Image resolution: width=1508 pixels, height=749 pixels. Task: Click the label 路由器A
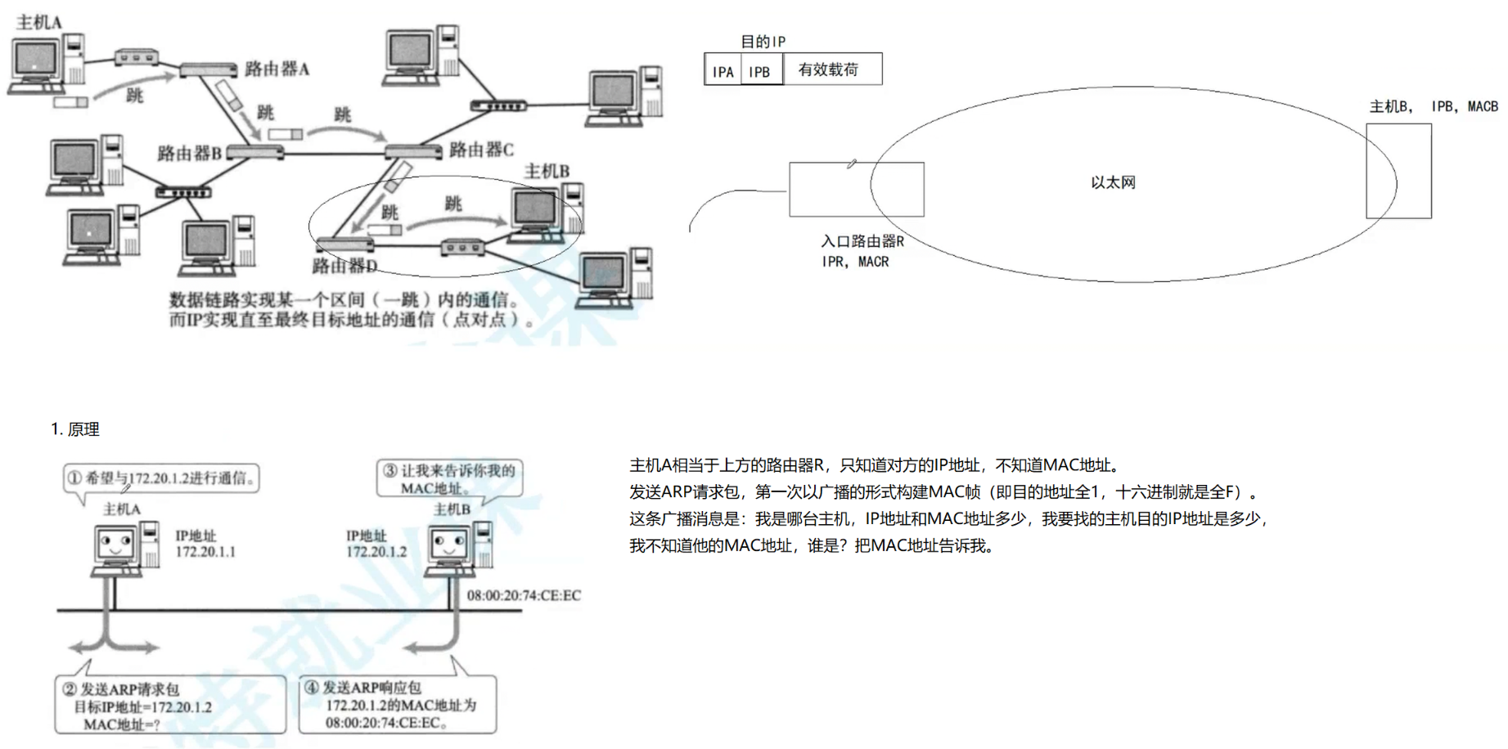(277, 70)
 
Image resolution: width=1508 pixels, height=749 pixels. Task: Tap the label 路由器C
(481, 150)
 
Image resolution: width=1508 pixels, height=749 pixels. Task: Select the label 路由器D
(344, 266)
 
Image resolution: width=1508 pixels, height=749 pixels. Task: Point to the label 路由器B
(189, 153)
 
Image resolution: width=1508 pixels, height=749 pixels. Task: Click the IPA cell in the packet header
(722, 71)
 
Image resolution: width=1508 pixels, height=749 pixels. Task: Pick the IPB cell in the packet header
(760, 71)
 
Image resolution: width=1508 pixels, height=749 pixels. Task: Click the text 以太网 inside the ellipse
(1113, 182)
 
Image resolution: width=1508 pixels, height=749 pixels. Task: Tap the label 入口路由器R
(862, 241)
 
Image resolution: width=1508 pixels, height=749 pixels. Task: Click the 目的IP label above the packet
(762, 41)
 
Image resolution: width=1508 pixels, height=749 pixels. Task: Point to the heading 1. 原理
(74, 429)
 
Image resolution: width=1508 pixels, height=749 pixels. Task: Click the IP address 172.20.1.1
(205, 552)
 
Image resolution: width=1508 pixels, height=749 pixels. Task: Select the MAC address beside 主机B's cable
(524, 595)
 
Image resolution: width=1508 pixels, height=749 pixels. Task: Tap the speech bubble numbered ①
(162, 478)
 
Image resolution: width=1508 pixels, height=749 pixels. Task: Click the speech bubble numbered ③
(449, 479)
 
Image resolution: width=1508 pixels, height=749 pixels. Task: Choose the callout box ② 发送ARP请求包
(170, 705)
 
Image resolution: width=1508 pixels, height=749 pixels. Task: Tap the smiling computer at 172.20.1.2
(458, 549)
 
